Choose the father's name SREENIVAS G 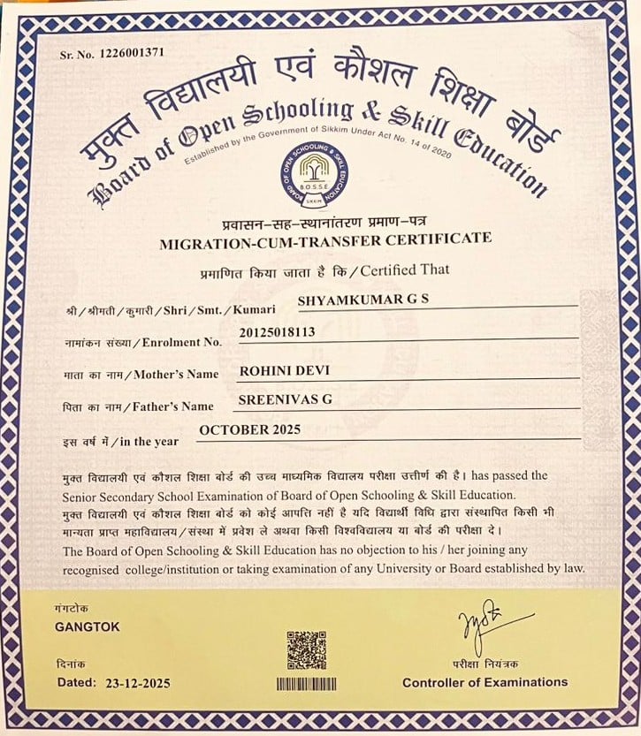click(286, 400)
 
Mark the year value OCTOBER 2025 click(250, 430)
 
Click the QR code click(307, 649)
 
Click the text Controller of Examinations click(485, 682)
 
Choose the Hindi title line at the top click(318, 84)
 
